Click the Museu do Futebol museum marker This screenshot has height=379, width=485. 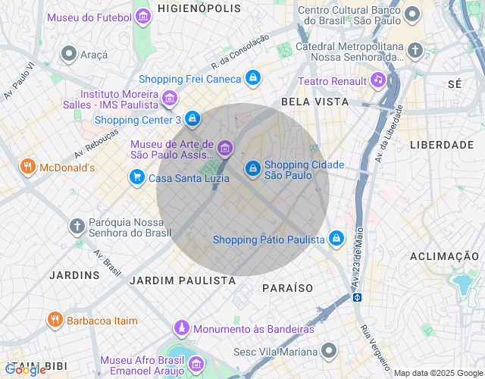click(142, 17)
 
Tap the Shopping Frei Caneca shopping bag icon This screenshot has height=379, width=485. click(253, 78)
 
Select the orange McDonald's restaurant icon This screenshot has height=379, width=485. click(28, 167)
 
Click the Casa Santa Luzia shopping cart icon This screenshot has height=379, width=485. click(136, 177)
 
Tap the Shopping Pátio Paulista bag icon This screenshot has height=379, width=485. click(336, 240)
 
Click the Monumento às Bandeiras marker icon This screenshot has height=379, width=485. click(182, 328)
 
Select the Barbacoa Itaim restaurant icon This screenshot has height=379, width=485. click(55, 320)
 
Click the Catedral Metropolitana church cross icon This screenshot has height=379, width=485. click(415, 51)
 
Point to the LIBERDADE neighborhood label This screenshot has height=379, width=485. click(442, 144)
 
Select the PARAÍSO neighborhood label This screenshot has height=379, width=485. click(287, 288)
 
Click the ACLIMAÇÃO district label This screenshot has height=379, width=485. click(446, 256)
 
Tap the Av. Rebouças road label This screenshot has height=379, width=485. click(96, 143)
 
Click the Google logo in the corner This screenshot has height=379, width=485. click(25, 369)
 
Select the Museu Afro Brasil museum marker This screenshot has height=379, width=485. click(196, 365)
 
